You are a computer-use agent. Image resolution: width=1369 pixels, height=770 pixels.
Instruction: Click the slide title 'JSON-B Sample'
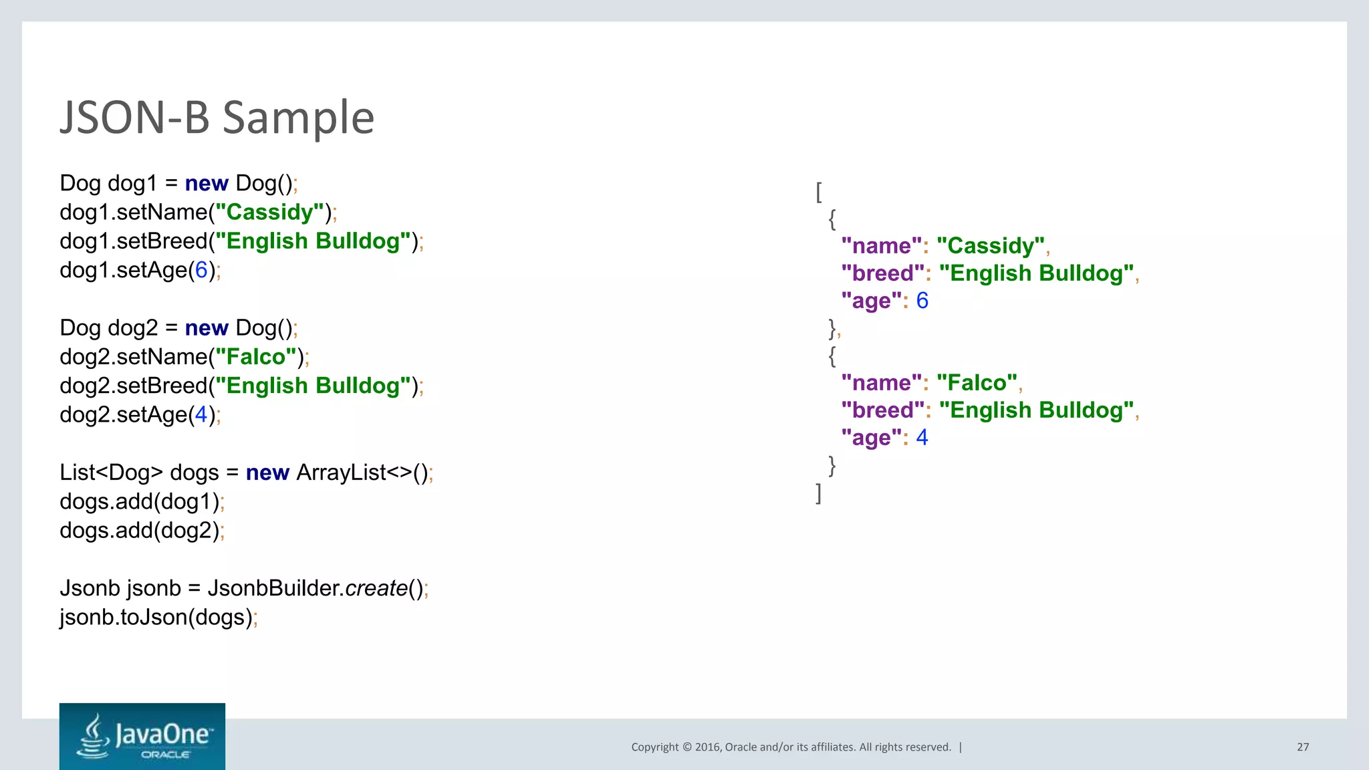click(217, 118)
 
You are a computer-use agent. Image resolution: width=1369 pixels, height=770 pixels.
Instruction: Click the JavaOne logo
click(142, 736)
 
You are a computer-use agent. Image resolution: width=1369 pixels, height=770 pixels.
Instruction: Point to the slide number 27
click(1303, 747)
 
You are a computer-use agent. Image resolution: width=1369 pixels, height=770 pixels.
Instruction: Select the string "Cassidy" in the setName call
click(269, 213)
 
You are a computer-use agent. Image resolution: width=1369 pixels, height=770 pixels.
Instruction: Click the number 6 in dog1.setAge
click(201, 270)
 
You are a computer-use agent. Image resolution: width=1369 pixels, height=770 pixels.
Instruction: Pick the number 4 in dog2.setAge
click(201, 415)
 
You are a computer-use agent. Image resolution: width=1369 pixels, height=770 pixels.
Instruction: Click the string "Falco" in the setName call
click(255, 357)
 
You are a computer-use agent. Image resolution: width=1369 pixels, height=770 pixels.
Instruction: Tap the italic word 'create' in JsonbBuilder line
click(376, 588)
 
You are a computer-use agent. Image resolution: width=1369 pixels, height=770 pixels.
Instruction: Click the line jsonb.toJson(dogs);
click(158, 617)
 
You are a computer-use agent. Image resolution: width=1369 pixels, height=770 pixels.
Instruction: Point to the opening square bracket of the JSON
click(819, 192)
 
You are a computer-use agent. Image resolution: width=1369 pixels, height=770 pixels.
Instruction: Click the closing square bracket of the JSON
click(819, 493)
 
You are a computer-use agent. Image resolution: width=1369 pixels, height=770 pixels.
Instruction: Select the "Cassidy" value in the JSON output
click(990, 246)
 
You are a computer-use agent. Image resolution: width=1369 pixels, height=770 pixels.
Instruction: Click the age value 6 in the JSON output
click(922, 301)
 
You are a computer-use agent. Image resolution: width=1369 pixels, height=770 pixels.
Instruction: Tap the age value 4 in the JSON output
click(922, 438)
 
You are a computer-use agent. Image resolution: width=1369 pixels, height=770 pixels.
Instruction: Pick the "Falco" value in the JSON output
click(977, 383)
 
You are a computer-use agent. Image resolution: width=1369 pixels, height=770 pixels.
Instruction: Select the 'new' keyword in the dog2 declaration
click(207, 328)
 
